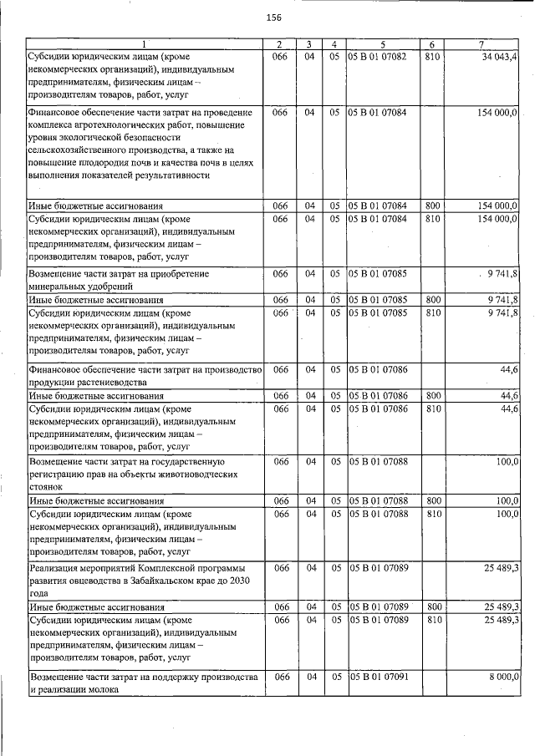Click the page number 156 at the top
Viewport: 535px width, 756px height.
coord(273,18)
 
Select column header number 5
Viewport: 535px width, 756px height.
coord(382,43)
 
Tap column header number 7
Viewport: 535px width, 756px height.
coord(481,43)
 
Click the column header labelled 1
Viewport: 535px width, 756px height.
coord(143,43)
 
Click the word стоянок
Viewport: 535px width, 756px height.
coord(47,485)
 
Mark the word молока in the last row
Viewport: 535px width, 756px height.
coord(91,691)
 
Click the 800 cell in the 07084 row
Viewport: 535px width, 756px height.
coord(432,205)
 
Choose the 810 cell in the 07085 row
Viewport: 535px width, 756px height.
coord(432,312)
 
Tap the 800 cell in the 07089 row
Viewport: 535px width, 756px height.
coord(432,606)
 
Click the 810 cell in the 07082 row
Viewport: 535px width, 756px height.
coord(432,56)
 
